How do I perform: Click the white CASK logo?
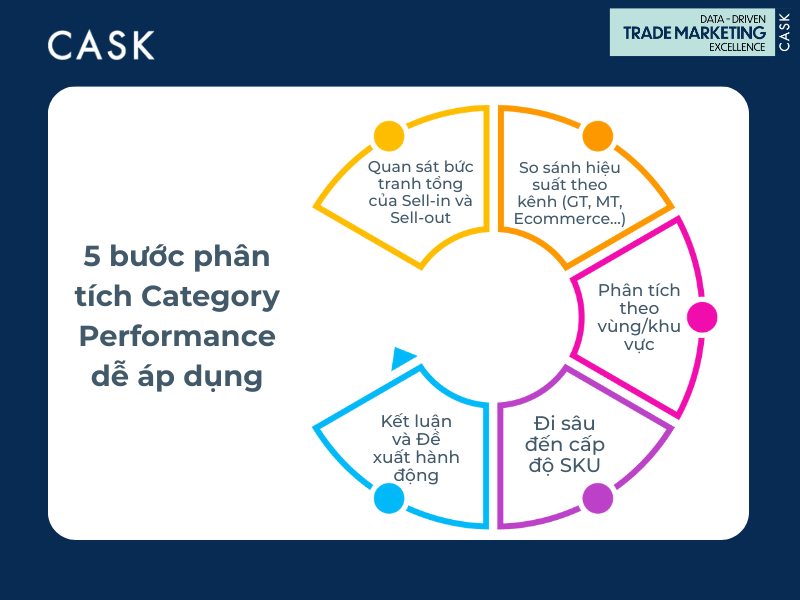[101, 45]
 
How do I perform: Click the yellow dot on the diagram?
[389, 136]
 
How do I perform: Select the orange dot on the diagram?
[597, 136]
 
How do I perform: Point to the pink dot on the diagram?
[702, 317]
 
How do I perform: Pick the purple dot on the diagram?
[597, 498]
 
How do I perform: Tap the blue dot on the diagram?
[389, 498]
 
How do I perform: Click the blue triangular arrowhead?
[403, 358]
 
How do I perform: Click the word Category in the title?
[210, 297]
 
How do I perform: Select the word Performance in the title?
[177, 337]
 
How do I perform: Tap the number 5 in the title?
[92, 256]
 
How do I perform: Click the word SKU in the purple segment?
[580, 465]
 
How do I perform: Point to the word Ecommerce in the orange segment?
[562, 219]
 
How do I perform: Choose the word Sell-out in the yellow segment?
[420, 218]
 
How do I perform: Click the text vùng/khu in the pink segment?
[639, 326]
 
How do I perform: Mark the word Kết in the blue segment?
[394, 421]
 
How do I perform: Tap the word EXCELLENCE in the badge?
[737, 47]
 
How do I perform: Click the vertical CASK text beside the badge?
[784, 32]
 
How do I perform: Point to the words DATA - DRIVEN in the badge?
[733, 19]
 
